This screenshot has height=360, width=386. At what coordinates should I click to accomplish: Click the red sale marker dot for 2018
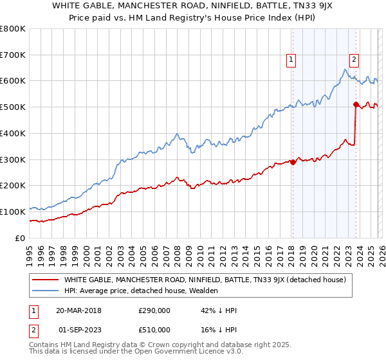tap(293, 162)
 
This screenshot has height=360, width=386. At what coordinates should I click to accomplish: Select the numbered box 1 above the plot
tap(291, 60)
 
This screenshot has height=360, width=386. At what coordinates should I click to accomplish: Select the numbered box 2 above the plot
tap(354, 60)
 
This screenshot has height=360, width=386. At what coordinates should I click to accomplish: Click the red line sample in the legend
tap(46, 280)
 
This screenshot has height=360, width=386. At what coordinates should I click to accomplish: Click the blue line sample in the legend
tap(46, 291)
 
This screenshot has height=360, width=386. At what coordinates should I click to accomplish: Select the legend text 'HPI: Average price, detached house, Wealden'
tap(141, 291)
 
